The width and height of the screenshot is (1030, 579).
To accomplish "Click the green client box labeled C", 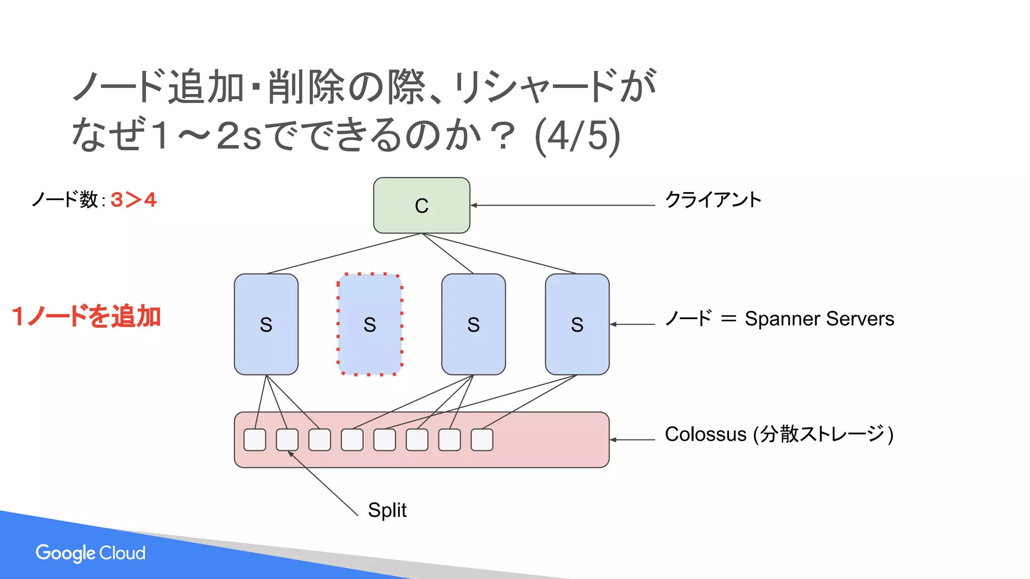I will tap(421, 205).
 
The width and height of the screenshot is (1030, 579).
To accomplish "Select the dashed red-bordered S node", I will tap(370, 324).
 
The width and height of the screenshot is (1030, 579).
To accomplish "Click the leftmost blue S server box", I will tap(266, 324).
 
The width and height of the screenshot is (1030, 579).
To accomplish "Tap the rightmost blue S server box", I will tap(577, 324).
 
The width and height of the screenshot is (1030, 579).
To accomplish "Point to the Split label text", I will tap(387, 510).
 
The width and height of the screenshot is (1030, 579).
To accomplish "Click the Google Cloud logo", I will tap(91, 553).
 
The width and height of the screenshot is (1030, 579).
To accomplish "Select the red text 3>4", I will tap(133, 200).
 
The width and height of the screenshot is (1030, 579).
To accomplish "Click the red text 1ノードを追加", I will tap(86, 317).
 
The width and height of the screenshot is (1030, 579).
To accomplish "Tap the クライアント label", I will tap(713, 200).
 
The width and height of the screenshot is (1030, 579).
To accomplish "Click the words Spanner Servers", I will tap(819, 319).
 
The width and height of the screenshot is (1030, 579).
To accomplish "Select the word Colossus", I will tap(705, 434).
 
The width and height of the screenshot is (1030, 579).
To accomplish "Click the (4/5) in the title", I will tap(577, 136).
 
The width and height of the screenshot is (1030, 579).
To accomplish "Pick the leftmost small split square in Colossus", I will tap(255, 440).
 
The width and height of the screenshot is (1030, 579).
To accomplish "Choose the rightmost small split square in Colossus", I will tap(482, 440).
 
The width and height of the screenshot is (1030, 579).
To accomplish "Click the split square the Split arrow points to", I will tap(287, 440).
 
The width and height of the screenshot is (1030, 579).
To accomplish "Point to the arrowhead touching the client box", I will tap(473, 205).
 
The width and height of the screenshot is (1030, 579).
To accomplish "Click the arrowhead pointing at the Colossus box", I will tap(613, 440).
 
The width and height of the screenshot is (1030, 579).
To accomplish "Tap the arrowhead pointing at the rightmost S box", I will tap(613, 324).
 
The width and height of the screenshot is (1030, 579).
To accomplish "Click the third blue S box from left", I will tap(473, 324).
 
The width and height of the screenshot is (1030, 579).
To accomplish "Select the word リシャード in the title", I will tap(533, 86).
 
